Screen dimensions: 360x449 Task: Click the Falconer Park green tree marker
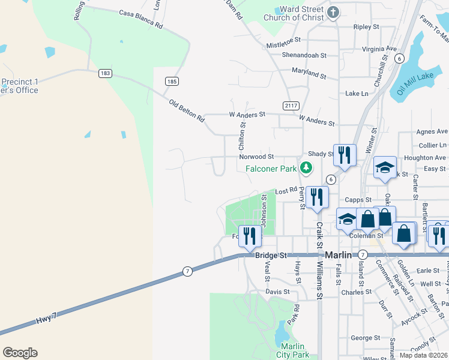point(307,168)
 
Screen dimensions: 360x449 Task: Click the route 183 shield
point(106,73)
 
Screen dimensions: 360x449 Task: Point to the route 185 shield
point(172,81)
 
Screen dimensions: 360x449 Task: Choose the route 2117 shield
point(292,106)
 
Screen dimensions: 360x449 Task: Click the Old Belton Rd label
point(187,111)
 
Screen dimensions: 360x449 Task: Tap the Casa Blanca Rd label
point(141,20)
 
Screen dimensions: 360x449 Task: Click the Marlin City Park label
point(294,351)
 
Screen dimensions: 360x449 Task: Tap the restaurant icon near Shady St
point(345,155)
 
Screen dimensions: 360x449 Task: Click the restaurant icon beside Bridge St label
point(249,236)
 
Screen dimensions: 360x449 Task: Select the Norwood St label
point(256,157)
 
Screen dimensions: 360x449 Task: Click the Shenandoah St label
point(304,55)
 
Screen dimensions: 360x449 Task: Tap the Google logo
point(20,353)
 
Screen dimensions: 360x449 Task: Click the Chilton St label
point(243,136)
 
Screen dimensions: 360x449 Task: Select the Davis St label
point(277,292)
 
